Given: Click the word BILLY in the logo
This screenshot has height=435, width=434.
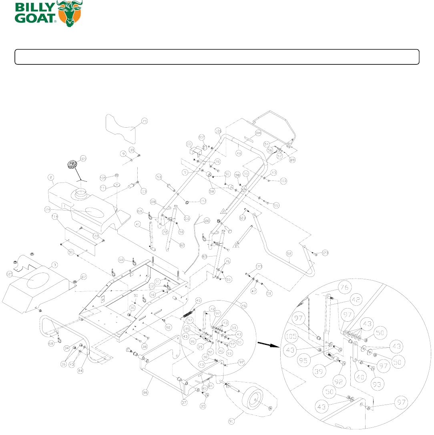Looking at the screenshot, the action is click(30, 8).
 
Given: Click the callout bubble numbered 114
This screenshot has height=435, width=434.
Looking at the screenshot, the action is click(54, 216).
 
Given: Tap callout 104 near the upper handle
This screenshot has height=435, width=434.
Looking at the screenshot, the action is click(258, 133).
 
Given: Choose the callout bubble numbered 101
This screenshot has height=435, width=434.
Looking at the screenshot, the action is click(189, 143).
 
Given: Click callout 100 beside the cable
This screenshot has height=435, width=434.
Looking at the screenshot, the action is click(207, 221).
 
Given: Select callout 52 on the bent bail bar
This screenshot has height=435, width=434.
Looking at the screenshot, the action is click(289, 253).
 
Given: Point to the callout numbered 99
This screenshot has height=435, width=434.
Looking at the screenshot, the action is click(275, 205).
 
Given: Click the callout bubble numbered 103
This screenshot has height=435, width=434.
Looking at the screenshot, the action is click(283, 181).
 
